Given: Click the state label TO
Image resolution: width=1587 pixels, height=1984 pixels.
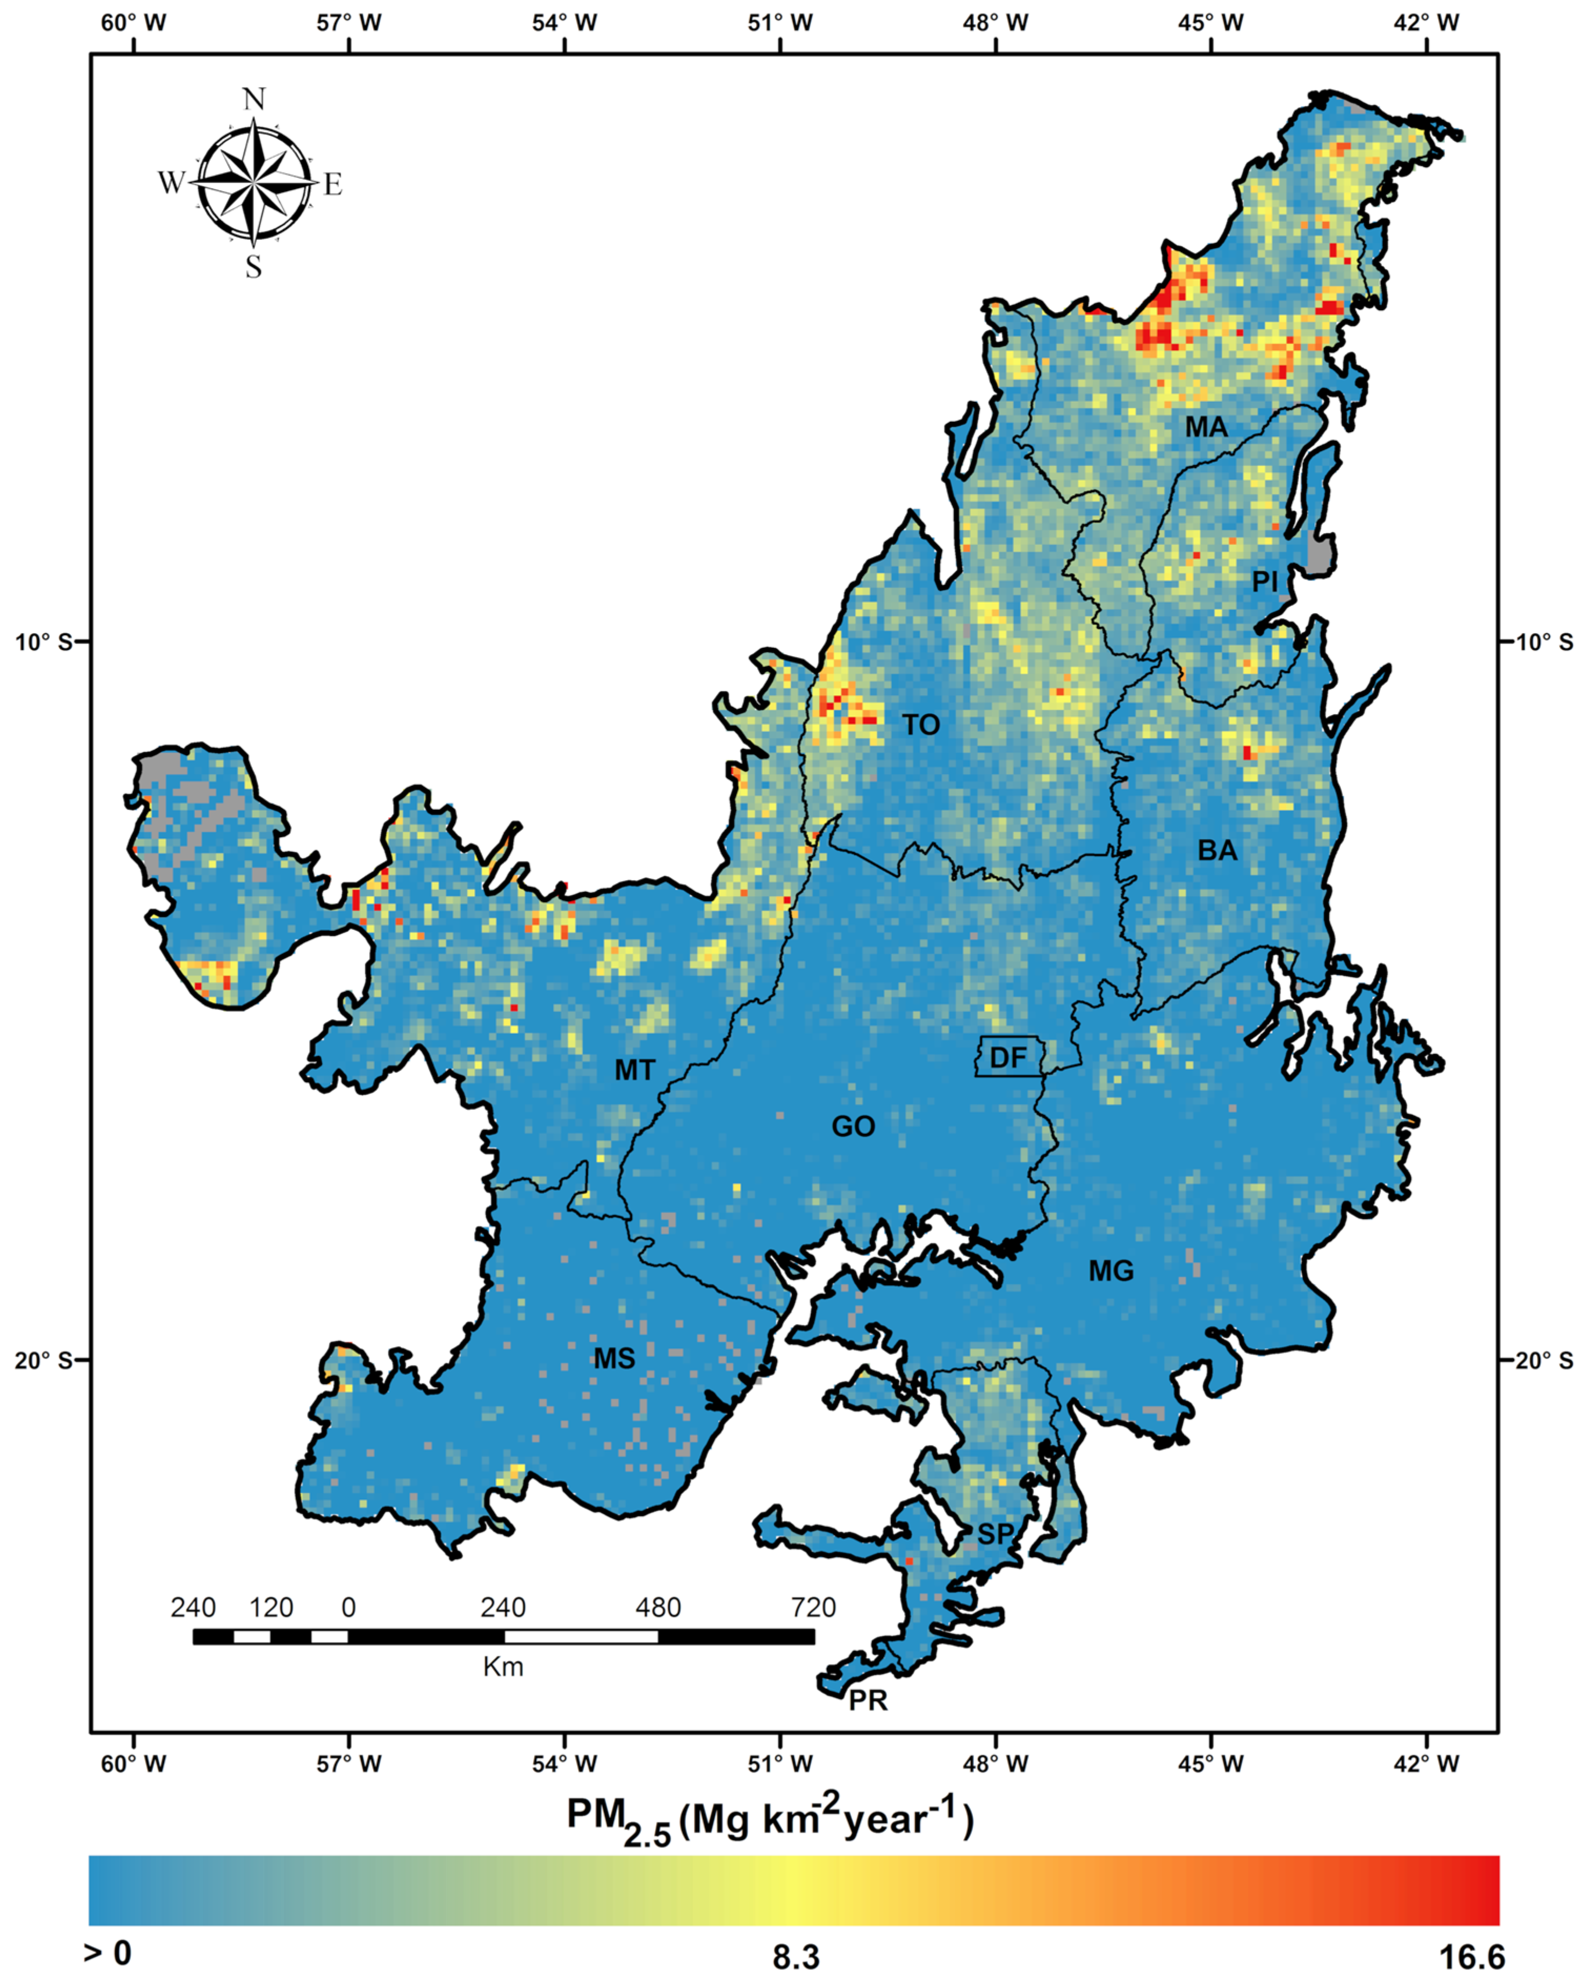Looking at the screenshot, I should pos(921,725).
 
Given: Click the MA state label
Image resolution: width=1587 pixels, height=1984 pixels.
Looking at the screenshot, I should pos(1205,427).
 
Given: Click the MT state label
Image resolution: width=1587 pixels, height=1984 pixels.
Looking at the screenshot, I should pos(635,1070).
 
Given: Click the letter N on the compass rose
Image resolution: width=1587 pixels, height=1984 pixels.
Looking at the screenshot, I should pos(254,99).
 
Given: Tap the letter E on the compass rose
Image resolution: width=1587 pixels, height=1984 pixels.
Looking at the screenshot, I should pos(332,184).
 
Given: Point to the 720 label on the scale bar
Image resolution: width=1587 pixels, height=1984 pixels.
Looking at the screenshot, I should pos(813,1607).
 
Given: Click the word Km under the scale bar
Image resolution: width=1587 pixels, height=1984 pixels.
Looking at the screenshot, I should pos(503,1666).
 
